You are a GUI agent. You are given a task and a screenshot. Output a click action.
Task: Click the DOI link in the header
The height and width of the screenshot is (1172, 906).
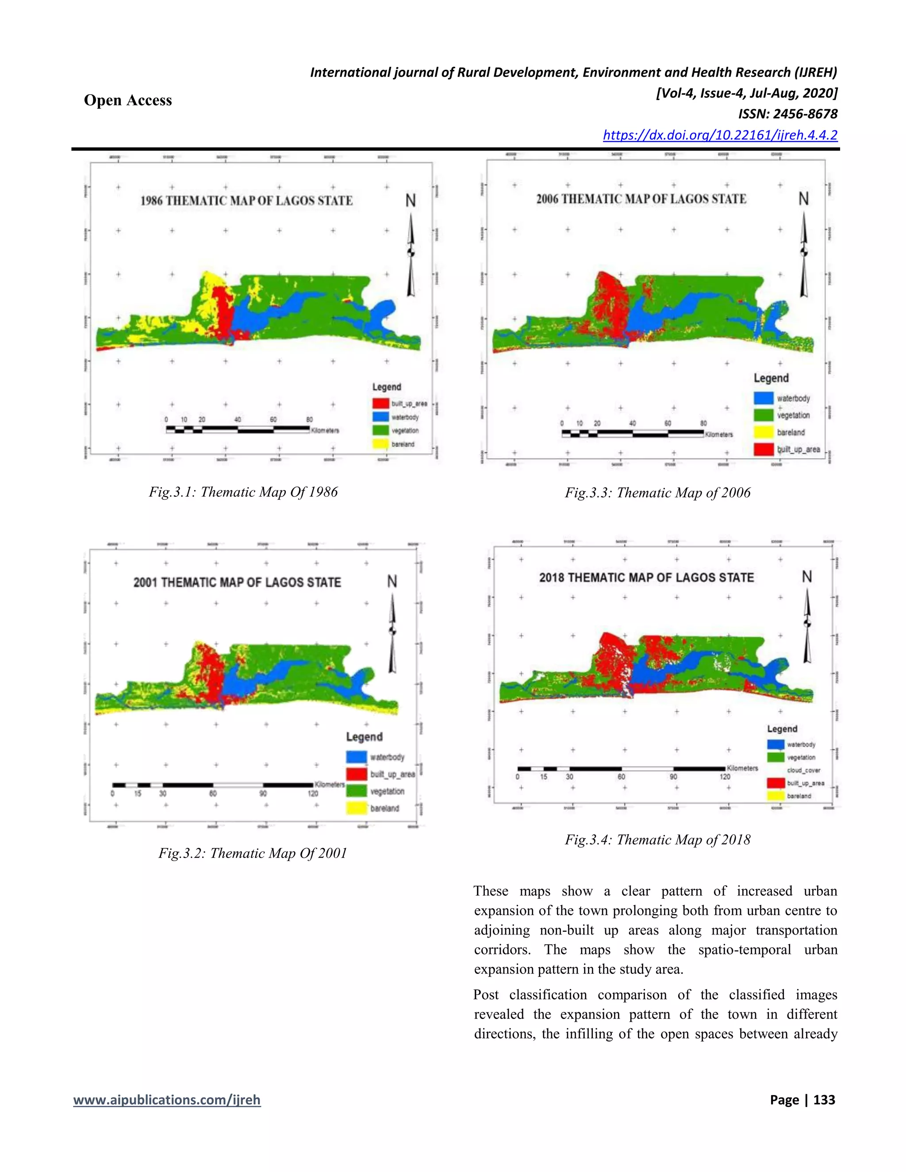tap(720, 135)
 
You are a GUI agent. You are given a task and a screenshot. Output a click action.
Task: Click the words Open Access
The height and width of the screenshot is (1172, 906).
tap(128, 100)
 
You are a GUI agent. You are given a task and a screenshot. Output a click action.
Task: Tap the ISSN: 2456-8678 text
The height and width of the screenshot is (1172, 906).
tap(787, 114)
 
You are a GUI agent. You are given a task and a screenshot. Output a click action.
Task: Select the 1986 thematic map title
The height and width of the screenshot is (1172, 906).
tap(246, 201)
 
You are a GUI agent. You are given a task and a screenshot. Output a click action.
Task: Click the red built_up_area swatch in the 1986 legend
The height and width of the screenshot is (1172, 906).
tap(380, 403)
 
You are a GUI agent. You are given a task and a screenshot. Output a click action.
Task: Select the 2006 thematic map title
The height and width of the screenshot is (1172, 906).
tap(641, 199)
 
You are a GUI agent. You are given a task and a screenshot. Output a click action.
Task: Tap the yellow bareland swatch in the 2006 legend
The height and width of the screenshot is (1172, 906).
tap(763, 432)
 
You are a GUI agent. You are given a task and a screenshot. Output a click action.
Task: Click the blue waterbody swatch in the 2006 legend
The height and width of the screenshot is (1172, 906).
tap(763, 398)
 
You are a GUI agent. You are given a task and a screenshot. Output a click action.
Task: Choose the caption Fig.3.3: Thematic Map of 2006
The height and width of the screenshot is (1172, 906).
tap(657, 493)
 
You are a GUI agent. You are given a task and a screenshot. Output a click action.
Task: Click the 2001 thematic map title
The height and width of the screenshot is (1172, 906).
tap(237, 582)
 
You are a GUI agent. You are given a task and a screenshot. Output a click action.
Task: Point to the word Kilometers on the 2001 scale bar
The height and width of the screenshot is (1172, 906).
tap(330, 785)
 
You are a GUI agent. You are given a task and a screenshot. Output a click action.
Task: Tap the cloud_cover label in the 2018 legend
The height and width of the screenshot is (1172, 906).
tap(803, 770)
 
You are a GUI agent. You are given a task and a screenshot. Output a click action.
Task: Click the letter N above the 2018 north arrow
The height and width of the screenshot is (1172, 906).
tap(807, 577)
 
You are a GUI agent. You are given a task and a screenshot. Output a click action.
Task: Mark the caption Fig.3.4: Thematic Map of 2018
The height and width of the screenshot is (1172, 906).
tap(657, 840)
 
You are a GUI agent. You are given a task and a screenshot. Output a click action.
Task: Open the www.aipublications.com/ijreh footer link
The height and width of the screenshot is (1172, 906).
tap(167, 1100)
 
